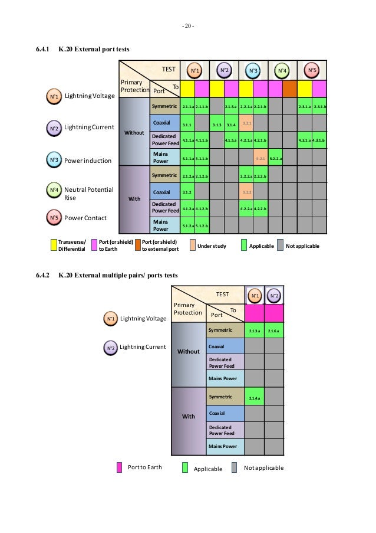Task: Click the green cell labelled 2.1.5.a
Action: [x=231, y=107]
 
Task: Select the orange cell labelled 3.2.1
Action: [x=246, y=123]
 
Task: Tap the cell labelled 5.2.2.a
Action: [x=275, y=158]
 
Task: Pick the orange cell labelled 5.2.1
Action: [x=260, y=158]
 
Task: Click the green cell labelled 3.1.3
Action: [x=216, y=125]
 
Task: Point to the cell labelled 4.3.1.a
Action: [x=305, y=140]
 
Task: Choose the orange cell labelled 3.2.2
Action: [x=246, y=192]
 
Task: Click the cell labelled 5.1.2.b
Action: [x=202, y=225]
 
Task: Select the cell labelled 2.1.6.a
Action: [x=273, y=331]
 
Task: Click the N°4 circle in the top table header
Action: [x=282, y=71]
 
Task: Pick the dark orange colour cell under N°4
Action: [x=289, y=89]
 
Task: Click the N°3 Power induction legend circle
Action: [x=53, y=159]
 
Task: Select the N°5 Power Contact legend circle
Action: [x=53, y=217]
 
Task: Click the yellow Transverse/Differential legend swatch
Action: [x=53, y=245]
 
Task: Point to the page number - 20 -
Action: [x=187, y=25]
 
